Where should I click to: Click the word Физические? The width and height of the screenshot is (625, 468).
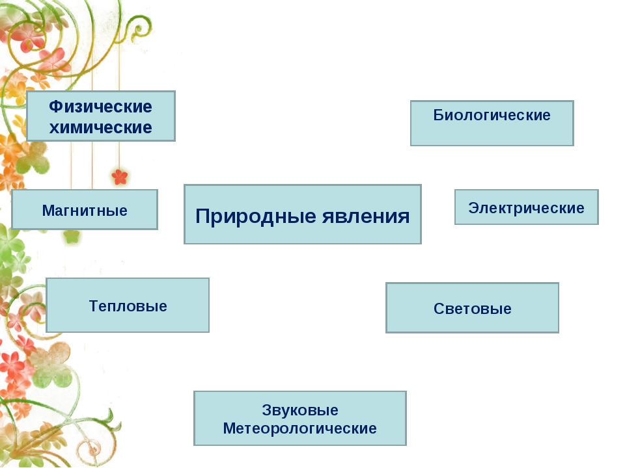coord(100,107)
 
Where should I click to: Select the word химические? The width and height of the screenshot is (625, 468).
coord(100,127)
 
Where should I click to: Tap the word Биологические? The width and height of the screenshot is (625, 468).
coord(492,116)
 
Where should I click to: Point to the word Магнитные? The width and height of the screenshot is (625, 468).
coord(85,210)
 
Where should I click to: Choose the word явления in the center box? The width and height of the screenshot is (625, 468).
coord(366,216)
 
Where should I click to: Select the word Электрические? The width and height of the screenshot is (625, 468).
coord(526,208)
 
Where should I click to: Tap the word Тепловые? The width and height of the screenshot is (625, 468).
coord(128,305)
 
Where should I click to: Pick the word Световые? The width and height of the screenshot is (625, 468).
coord(472,309)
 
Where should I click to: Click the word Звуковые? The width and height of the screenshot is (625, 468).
coord(300,411)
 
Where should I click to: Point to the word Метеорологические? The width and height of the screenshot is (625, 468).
coord(299,429)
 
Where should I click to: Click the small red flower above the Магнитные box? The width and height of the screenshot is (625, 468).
coord(120,176)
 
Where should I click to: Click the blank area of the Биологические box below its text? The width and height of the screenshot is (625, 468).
coord(492,135)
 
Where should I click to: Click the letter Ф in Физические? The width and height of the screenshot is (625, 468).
coord(55,107)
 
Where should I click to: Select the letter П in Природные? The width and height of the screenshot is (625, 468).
coord(201,216)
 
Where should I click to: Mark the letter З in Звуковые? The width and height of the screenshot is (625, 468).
coord(266,411)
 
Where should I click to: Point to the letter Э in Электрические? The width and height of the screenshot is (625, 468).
coord(473,208)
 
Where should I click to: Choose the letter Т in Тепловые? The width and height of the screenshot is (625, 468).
coord(93,305)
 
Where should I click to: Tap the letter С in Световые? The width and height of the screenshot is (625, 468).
coord(438,309)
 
